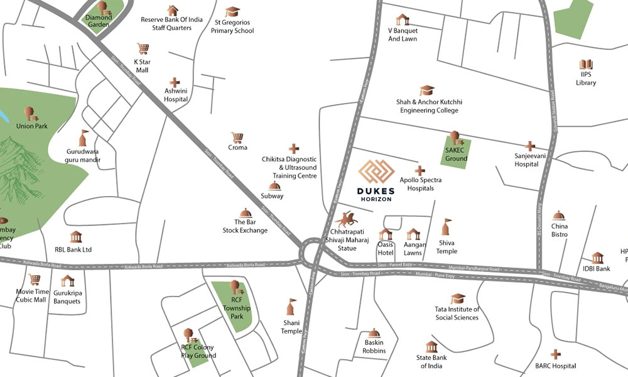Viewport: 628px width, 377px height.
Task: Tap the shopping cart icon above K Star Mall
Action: [x=143, y=49]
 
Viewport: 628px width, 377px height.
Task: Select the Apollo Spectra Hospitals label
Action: [x=421, y=183]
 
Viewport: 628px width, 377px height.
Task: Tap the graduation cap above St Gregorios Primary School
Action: [x=233, y=12]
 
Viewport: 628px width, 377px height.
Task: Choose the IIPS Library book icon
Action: [x=586, y=65]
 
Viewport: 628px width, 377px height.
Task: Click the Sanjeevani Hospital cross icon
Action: [x=530, y=146]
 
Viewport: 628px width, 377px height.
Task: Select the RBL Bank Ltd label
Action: [x=73, y=249]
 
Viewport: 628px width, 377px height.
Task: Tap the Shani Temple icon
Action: [x=291, y=307]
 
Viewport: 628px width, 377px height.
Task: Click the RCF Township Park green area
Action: [x=232, y=306]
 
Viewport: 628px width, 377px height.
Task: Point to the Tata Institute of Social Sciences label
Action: [x=457, y=313]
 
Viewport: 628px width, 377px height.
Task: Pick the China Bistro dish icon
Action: [x=559, y=216]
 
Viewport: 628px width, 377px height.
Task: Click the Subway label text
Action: [x=273, y=196]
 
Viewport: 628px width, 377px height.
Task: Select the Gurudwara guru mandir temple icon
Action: [x=83, y=138]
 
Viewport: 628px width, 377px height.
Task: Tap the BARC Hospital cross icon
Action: [x=555, y=354]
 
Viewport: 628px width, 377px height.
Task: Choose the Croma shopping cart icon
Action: [x=237, y=137]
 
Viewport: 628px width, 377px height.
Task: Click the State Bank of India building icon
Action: [x=431, y=347]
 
